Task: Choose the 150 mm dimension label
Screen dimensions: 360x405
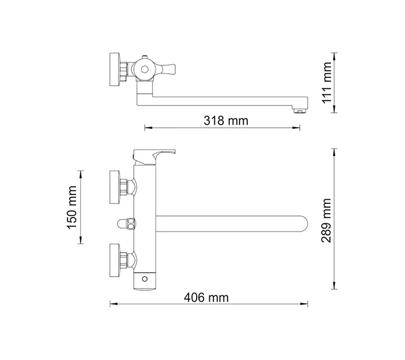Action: pyautogui.click(x=71, y=206)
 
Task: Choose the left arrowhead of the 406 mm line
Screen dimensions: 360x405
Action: pyautogui.click(x=111, y=304)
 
